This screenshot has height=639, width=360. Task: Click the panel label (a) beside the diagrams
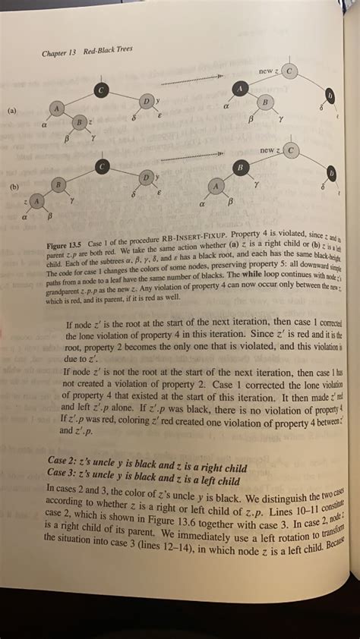click(x=11, y=110)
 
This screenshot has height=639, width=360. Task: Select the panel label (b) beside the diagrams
click(x=13, y=184)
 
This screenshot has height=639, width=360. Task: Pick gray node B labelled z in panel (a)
click(x=79, y=123)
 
